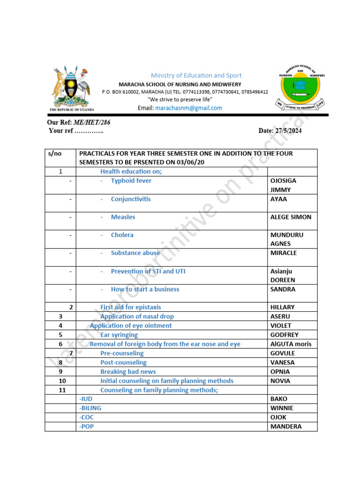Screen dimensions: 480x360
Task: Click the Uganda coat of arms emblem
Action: (70, 88)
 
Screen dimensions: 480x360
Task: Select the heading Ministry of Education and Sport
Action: (196, 75)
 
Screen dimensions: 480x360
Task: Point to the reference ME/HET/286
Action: (90, 122)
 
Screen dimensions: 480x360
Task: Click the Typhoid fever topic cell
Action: (131, 180)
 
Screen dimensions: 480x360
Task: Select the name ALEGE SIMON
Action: (291, 217)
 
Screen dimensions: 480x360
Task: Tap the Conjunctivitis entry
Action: (131, 199)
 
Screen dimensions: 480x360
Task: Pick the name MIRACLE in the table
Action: (283, 253)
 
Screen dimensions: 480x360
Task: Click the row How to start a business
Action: (145, 289)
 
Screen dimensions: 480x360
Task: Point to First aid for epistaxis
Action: (130, 307)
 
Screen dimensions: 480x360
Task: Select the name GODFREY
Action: (284, 335)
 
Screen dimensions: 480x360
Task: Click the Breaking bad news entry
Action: (128, 372)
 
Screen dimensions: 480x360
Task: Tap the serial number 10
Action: (62, 381)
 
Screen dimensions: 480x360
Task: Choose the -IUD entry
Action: (86, 399)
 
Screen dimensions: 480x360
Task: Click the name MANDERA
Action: (286, 427)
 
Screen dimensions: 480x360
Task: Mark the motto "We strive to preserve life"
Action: (180, 100)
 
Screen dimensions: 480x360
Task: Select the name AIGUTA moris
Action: (291, 344)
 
